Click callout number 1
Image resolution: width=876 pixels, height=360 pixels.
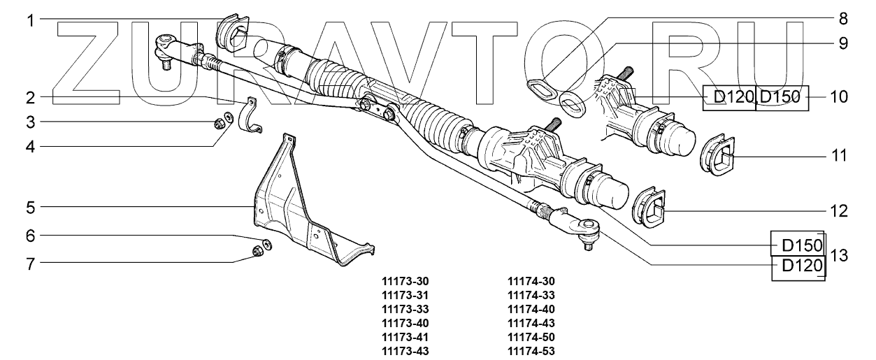coord(31,20)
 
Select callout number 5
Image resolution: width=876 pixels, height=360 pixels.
coord(31,207)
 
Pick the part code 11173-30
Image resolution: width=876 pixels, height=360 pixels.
coord(405,281)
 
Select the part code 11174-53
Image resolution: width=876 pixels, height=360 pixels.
coord(531,351)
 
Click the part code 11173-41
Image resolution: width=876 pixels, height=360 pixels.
coord(405,337)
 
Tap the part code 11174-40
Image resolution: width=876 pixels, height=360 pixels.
coord(531,309)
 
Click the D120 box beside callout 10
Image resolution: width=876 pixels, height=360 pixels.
coord(728,97)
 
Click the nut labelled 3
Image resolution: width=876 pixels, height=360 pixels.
coord(217,125)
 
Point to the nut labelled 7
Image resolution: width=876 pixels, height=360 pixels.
coord(257,252)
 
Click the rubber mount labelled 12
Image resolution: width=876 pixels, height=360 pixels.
coord(648,210)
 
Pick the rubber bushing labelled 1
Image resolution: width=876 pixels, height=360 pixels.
coord(233,33)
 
